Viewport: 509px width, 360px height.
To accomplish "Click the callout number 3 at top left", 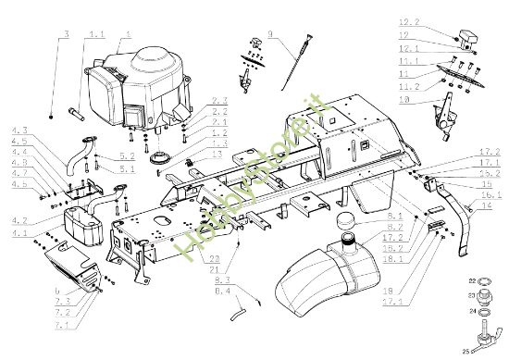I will coord(66,34).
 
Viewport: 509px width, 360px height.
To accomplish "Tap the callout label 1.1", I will coord(96,35).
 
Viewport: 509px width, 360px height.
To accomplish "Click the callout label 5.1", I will coord(127,168).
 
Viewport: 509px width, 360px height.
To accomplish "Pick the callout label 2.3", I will coord(219,99).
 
